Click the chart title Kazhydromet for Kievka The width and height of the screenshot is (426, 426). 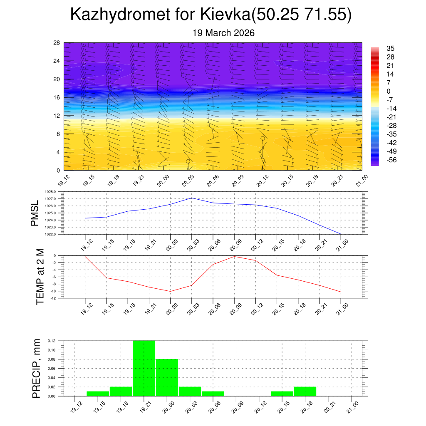tap(211, 15)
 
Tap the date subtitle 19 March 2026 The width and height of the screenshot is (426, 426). tap(223, 33)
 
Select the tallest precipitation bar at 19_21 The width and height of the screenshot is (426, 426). tap(144, 368)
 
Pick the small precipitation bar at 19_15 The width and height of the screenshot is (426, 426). tap(98, 394)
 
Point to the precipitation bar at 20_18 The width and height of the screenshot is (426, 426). tap(305, 391)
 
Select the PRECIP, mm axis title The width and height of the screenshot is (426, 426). tap(37, 368)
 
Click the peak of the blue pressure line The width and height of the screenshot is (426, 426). tap(192, 198)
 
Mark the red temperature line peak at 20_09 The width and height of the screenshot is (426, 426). tap(234, 256)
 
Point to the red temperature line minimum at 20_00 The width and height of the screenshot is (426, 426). tap(171, 291)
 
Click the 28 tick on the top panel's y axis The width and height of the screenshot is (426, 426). tap(57, 42)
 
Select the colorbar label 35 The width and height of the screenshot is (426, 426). tap(390, 48)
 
